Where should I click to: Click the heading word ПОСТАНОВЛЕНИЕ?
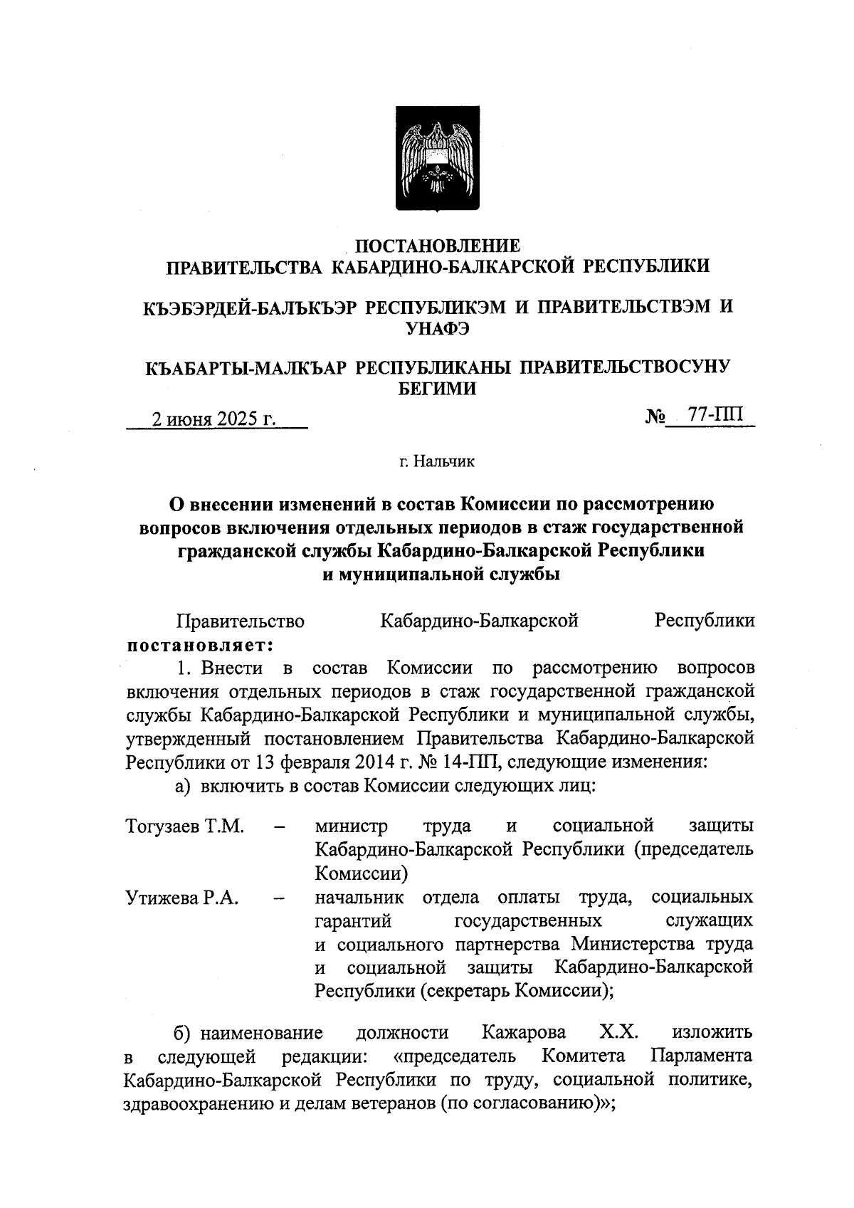(x=438, y=246)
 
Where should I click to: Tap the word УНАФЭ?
(x=437, y=328)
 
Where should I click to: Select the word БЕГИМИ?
(x=436, y=389)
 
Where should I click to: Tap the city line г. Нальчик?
(x=436, y=462)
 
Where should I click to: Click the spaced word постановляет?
(x=200, y=645)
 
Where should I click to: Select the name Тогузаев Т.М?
(x=185, y=826)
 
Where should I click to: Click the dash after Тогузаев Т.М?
(x=280, y=828)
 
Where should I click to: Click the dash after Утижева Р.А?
(x=280, y=900)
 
